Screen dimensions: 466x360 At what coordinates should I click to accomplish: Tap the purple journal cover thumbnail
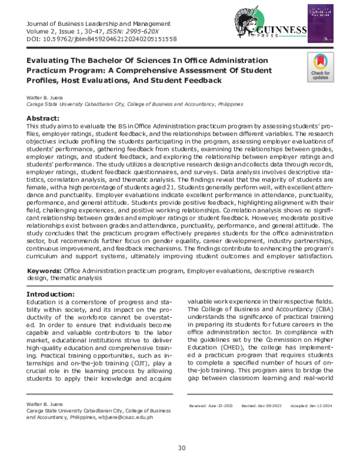(324, 25)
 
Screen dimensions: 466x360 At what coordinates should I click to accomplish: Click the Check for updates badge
(319, 67)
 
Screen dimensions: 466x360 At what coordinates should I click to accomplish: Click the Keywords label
(46, 272)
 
